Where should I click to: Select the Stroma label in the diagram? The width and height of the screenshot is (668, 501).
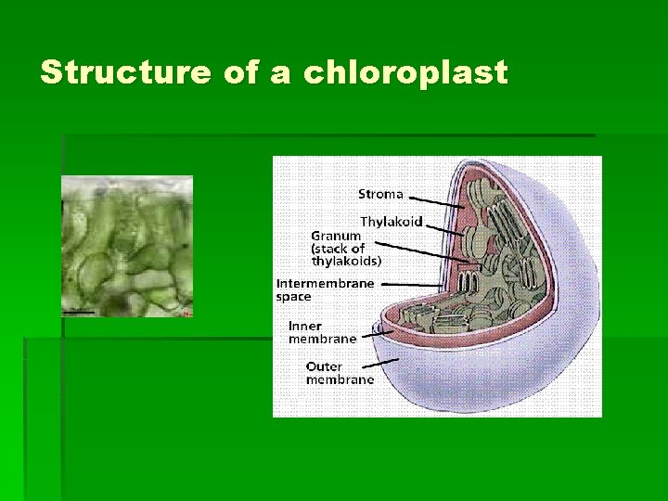click(x=380, y=194)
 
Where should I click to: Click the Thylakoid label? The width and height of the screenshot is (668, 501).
click(x=391, y=222)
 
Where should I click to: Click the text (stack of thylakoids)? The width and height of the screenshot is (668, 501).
click(x=346, y=255)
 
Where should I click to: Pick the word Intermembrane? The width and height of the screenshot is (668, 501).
click(x=325, y=283)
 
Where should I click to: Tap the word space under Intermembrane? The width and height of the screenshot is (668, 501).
click(x=293, y=297)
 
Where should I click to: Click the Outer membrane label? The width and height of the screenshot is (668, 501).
click(x=340, y=372)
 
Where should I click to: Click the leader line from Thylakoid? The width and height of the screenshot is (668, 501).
click(x=440, y=226)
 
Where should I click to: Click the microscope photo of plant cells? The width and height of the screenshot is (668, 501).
click(x=127, y=246)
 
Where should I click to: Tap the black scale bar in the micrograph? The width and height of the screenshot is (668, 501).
click(x=80, y=313)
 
